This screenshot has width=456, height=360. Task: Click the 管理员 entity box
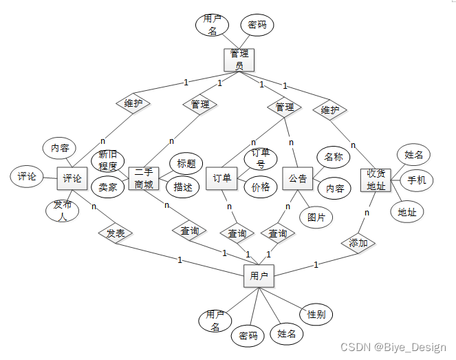[239, 59]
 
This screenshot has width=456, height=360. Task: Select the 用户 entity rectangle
[259, 277]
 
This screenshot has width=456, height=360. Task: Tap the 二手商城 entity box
[144, 180]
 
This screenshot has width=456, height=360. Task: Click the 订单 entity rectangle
[221, 179]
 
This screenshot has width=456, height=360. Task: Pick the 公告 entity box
[298, 179]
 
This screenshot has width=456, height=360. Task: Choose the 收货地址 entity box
[376, 180]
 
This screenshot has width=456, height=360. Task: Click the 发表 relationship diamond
[115, 233]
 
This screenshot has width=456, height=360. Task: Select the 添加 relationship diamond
[358, 243]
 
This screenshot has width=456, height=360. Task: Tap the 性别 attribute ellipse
[316, 315]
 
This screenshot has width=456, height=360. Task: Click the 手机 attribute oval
[416, 180]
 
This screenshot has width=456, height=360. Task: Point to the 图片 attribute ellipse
[316, 217]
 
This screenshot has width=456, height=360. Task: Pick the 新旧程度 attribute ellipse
[108, 160]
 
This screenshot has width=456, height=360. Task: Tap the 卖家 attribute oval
[108, 187]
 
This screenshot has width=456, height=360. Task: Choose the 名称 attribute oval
[333, 157]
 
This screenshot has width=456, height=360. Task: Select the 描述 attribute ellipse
[183, 187]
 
